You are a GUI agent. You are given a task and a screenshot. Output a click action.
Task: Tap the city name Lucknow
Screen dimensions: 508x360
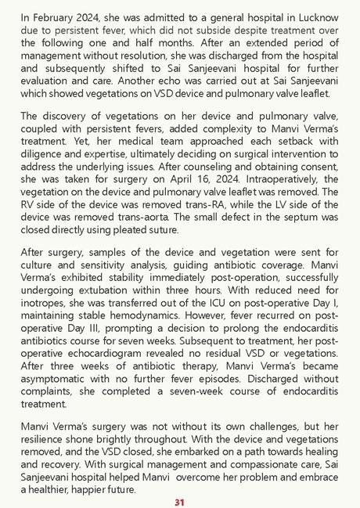point(316,16)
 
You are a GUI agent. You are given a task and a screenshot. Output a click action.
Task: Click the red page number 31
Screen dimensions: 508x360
point(179,502)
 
